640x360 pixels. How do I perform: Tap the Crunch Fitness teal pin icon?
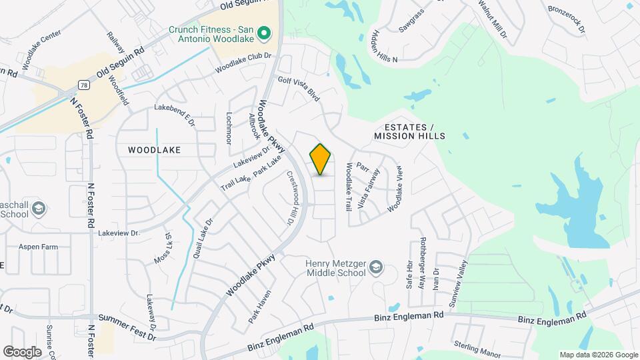click(x=263, y=31)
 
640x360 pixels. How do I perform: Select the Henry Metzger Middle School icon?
click(x=377, y=267)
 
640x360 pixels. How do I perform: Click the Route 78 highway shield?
click(x=83, y=85)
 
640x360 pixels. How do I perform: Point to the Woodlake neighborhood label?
click(x=154, y=150)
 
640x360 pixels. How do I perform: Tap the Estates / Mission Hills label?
click(x=409, y=131)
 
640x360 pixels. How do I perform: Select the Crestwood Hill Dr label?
click(x=291, y=197)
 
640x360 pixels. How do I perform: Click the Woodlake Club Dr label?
click(x=244, y=64)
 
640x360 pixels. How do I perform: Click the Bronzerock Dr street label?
click(x=567, y=19)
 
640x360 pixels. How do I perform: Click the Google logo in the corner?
click(x=22, y=351)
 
